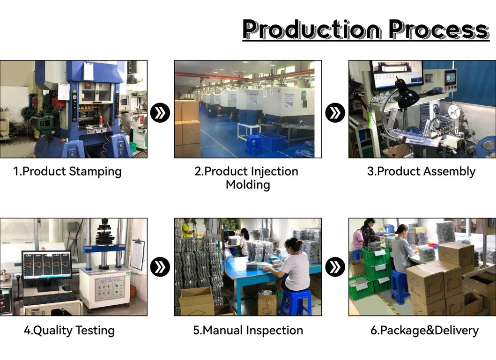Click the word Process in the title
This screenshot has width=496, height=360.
coord(439,29)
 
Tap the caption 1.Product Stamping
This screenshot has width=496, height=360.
coord(67,172)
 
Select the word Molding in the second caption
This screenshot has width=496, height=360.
coord(248,184)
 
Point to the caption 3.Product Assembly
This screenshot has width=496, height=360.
coord(422,172)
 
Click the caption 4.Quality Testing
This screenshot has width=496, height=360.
coord(69,331)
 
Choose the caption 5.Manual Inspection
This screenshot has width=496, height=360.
coord(248,331)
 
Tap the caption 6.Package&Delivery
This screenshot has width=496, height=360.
coord(424,331)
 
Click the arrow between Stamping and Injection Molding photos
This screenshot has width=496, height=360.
coord(160,113)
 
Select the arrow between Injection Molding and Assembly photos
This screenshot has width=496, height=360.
coord(335,113)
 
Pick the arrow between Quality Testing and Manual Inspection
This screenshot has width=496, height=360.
coord(160,267)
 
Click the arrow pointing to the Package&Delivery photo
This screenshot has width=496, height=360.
coord(335,267)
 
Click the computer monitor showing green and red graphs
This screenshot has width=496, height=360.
coord(47,266)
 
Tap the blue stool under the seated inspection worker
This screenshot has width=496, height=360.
coord(296,302)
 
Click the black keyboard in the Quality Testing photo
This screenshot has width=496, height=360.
coord(50,298)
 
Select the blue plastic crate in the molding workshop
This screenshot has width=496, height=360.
coord(272,141)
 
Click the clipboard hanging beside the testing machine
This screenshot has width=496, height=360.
coord(138,255)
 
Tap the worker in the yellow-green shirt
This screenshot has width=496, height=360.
coord(187,228)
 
